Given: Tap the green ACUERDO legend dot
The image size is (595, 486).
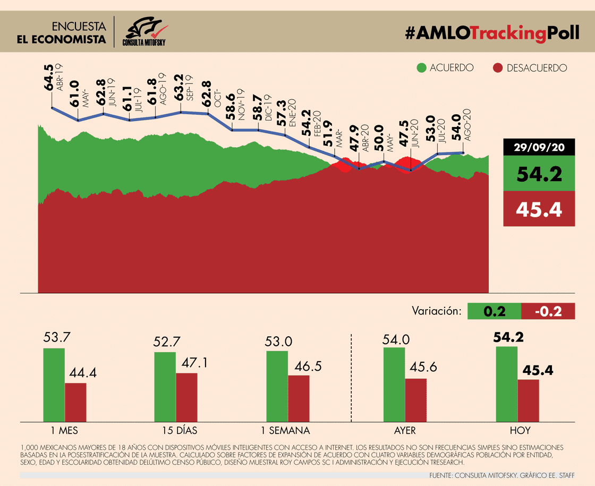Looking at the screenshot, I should tap(422, 68).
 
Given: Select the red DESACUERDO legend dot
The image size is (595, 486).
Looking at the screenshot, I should tap(498, 68).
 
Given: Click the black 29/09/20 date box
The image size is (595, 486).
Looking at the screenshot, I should tap(539, 148).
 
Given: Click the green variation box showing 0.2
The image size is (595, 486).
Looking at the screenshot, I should tap(494, 311).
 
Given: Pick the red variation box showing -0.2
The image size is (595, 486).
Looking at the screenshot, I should tap(548, 311).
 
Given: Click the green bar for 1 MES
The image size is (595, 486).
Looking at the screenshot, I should tap(54, 385).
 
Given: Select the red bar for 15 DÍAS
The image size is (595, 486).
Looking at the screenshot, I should tap(186, 397).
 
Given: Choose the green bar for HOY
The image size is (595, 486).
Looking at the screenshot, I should tap(506, 383).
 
